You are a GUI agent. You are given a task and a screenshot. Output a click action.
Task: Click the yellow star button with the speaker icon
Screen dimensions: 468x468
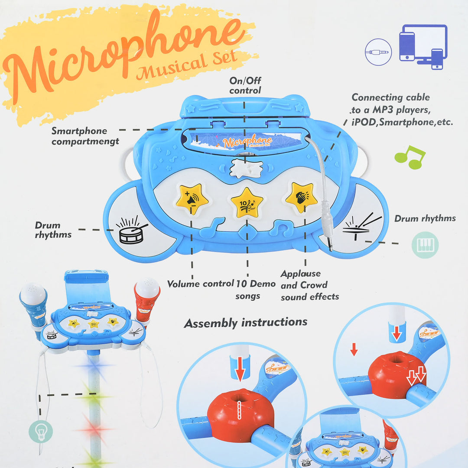pyautogui.click(x=192, y=198)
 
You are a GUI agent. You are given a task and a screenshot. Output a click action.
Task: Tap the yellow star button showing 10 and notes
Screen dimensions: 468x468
pyautogui.click(x=247, y=203)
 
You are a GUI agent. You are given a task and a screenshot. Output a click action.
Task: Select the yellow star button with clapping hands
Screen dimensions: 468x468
pyautogui.click(x=302, y=197)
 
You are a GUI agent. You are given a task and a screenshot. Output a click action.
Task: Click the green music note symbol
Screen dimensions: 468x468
pyautogui.click(x=410, y=157)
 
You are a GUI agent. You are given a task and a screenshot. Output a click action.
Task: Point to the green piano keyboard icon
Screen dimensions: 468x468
pyautogui.click(x=425, y=245)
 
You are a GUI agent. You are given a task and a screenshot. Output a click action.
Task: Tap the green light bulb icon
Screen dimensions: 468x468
pyautogui.click(x=41, y=431)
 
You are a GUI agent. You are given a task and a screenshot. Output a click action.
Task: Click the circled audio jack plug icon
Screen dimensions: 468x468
pyautogui.click(x=378, y=52)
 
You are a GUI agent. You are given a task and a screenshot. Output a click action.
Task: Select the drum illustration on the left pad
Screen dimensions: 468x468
pyautogui.click(x=131, y=230)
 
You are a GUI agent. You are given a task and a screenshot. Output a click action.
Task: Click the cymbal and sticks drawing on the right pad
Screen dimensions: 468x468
pyautogui.click(x=362, y=226)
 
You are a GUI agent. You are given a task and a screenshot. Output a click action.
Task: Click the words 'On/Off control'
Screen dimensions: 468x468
pyautogui.click(x=245, y=85)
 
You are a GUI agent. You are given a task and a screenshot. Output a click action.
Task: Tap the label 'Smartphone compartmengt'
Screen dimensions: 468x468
pyautogui.click(x=85, y=136)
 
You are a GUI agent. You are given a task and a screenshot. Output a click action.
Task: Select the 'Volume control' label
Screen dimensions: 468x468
pyautogui.click(x=200, y=283)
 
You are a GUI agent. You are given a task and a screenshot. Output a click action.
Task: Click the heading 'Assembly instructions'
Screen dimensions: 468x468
pyautogui.click(x=245, y=323)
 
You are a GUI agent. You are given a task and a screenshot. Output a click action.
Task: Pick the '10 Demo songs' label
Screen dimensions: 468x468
pyautogui.click(x=256, y=289)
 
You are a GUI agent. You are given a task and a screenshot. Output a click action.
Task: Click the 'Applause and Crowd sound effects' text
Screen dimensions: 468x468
pyautogui.click(x=309, y=285)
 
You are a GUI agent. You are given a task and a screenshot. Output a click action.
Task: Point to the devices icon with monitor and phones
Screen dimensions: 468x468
pyautogui.click(x=423, y=47)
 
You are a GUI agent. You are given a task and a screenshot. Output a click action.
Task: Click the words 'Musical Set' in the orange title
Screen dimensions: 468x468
pyautogui.click(x=187, y=65)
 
